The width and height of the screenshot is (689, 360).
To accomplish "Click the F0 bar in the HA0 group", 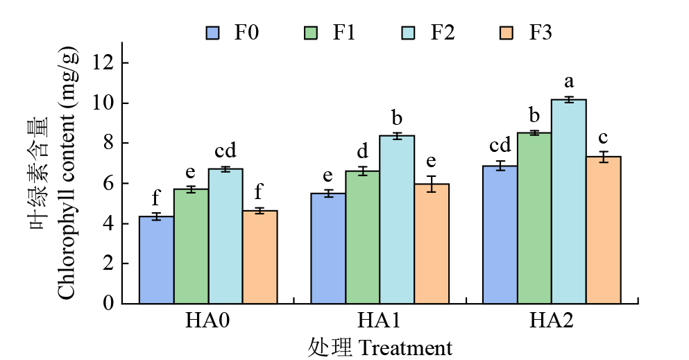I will click(x=157, y=260).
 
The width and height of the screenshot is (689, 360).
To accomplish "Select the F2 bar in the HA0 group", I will click(x=226, y=236).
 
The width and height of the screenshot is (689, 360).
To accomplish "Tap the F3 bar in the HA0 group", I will click(x=260, y=257).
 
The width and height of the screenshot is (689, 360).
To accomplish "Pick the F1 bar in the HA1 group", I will click(x=363, y=237).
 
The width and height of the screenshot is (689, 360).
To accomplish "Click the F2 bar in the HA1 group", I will click(x=398, y=219).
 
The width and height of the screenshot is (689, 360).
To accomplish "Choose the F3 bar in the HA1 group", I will click(x=432, y=243).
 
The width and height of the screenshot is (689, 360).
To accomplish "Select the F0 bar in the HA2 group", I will click(x=500, y=234).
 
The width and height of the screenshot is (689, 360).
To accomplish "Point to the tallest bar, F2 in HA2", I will click(x=569, y=201).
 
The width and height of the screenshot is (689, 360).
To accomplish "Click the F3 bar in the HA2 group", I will click(x=604, y=230).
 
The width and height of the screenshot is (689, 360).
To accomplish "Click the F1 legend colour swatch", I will click(x=312, y=33).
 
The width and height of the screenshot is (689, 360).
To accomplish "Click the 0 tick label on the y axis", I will click(x=108, y=303).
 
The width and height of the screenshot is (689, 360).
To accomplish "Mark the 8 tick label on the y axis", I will click(x=108, y=144).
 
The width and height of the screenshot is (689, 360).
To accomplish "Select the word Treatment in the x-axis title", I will click(x=405, y=347).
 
